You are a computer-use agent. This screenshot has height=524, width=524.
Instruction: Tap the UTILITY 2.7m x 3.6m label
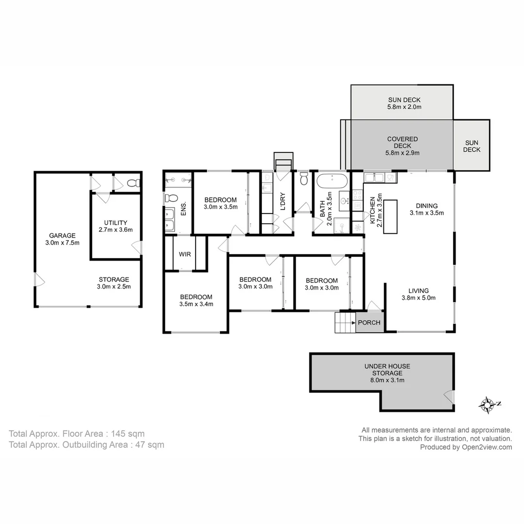115,226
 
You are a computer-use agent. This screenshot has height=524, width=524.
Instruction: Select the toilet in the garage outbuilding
132,183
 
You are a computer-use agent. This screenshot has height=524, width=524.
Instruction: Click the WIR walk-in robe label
184,254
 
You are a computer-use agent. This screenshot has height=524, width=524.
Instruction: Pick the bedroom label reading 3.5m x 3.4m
196,301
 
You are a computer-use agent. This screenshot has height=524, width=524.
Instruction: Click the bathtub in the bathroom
332,182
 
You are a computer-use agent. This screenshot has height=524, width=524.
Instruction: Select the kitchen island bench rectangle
391,216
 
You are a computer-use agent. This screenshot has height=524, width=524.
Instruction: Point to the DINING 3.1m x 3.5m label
426,209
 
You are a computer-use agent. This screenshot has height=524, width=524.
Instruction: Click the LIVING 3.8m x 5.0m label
418,294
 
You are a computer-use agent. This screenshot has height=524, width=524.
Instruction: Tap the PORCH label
369,323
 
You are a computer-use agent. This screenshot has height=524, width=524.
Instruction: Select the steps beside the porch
345,323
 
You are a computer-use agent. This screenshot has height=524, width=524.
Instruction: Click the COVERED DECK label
402,146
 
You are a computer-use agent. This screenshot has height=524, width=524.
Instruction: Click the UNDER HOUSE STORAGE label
387,373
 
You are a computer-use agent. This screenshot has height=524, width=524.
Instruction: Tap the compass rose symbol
487,404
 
